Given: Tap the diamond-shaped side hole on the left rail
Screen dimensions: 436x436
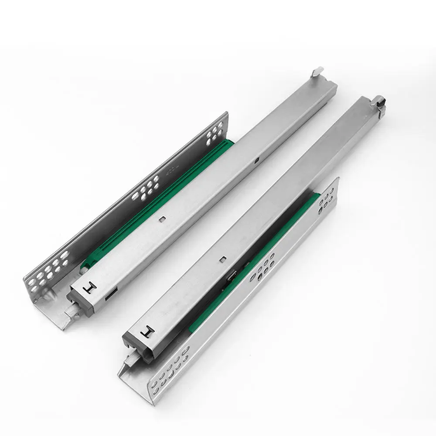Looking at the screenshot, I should pyautogui.click(x=257, y=161).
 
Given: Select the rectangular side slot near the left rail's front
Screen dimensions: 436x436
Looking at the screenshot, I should pyautogui.click(x=109, y=295).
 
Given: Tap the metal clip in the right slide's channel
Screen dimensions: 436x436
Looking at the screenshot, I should pyautogui.click(x=231, y=277).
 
